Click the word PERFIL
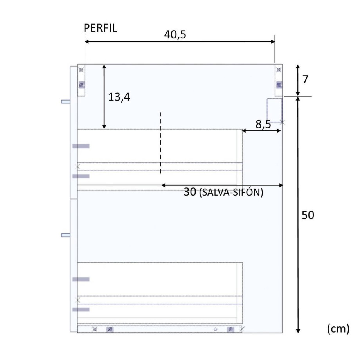pos(100,28)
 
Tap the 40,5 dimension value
pos(175,34)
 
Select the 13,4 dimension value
pos(119,97)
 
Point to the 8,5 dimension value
pos(263,124)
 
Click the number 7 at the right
pos(305,79)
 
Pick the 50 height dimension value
pos(308,215)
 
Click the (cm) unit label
pos(338,329)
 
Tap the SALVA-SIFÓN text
pos(231,192)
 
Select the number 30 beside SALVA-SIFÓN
pos(190,192)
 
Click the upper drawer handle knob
pos(66,101)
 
